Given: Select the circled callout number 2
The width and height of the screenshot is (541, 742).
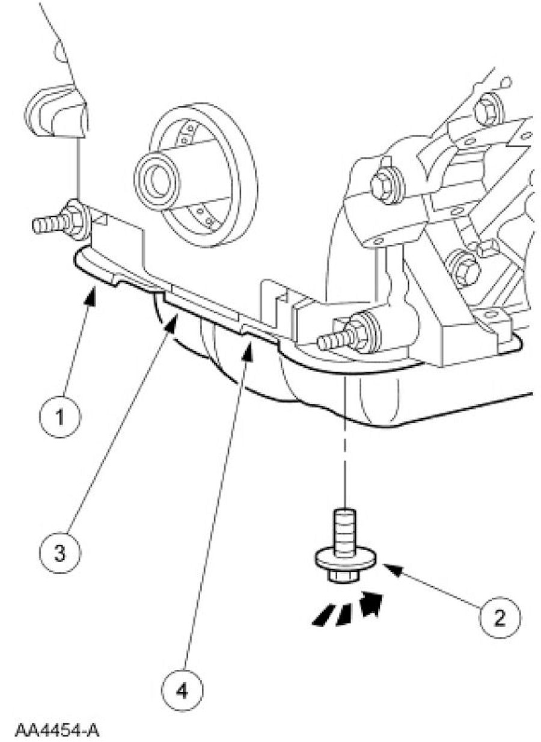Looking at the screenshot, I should point(499,617).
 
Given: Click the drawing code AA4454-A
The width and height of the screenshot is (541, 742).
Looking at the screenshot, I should point(57,729).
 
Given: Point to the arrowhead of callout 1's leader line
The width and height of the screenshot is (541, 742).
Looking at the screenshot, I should point(93,293).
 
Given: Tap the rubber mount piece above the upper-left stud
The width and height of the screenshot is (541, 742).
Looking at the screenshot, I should point(57,112).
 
